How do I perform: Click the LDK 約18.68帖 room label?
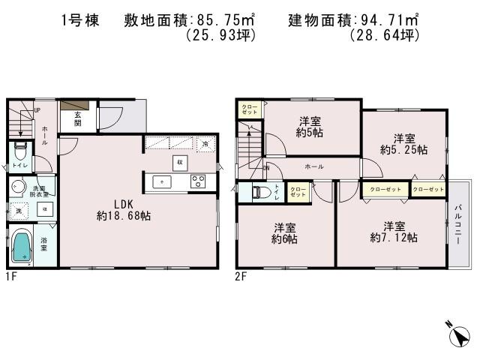coord(124,209)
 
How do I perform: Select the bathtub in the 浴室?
coord(22,246)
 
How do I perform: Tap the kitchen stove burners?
coord(199,181)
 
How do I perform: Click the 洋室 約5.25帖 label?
coord(403,143)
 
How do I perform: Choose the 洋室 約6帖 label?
coord(285,233)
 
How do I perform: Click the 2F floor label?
coord(241,275)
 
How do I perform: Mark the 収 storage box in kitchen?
coord(178,163)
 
